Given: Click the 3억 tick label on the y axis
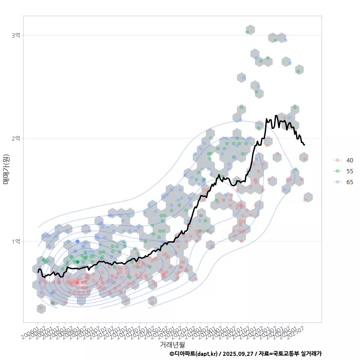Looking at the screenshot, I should coord(16,35).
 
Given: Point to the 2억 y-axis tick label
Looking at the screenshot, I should coord(16,138).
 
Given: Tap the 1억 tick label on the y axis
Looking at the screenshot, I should coord(16,241).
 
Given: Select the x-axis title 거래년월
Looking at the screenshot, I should coord(172,344).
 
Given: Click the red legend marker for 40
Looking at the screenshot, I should coord(338,160).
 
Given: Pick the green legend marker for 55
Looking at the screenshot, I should coord(338,171).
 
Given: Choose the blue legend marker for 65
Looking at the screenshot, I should coord(338,182).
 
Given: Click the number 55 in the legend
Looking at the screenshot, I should coord(350,171).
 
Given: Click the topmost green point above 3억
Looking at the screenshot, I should coord(247,32).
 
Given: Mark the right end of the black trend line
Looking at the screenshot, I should coord(304,145).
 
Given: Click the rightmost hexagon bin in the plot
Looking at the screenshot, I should coord(308,197).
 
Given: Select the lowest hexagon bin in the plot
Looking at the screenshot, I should coord(41,309).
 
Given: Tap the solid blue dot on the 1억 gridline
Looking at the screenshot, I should coord(78,241).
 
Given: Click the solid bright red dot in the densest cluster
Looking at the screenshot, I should coord(78,282).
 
